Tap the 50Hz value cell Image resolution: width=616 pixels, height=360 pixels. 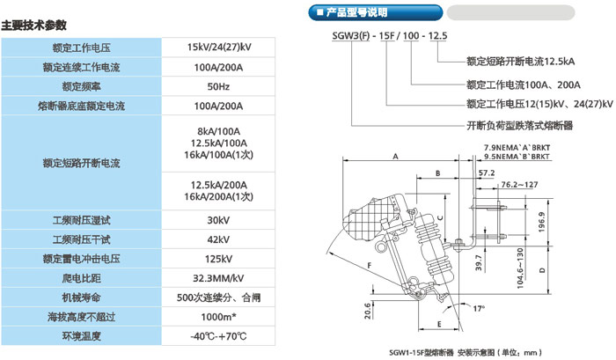pyautogui.click(x=219, y=86)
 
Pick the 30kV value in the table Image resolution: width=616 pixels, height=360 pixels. pyautogui.click(x=219, y=220)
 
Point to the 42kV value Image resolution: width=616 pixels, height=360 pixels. pyautogui.click(x=219, y=239)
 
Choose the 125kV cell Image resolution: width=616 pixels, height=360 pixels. pyautogui.click(x=219, y=259)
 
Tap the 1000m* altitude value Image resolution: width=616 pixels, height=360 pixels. pyautogui.click(x=219, y=316)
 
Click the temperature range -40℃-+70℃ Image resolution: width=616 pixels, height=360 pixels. pyautogui.click(x=219, y=335)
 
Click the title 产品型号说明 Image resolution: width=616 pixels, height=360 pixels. pyautogui.click(x=363, y=13)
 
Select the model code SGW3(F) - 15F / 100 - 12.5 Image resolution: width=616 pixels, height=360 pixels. pyautogui.click(x=384, y=35)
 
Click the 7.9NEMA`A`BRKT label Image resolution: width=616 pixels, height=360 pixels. pyautogui.click(x=517, y=147)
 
